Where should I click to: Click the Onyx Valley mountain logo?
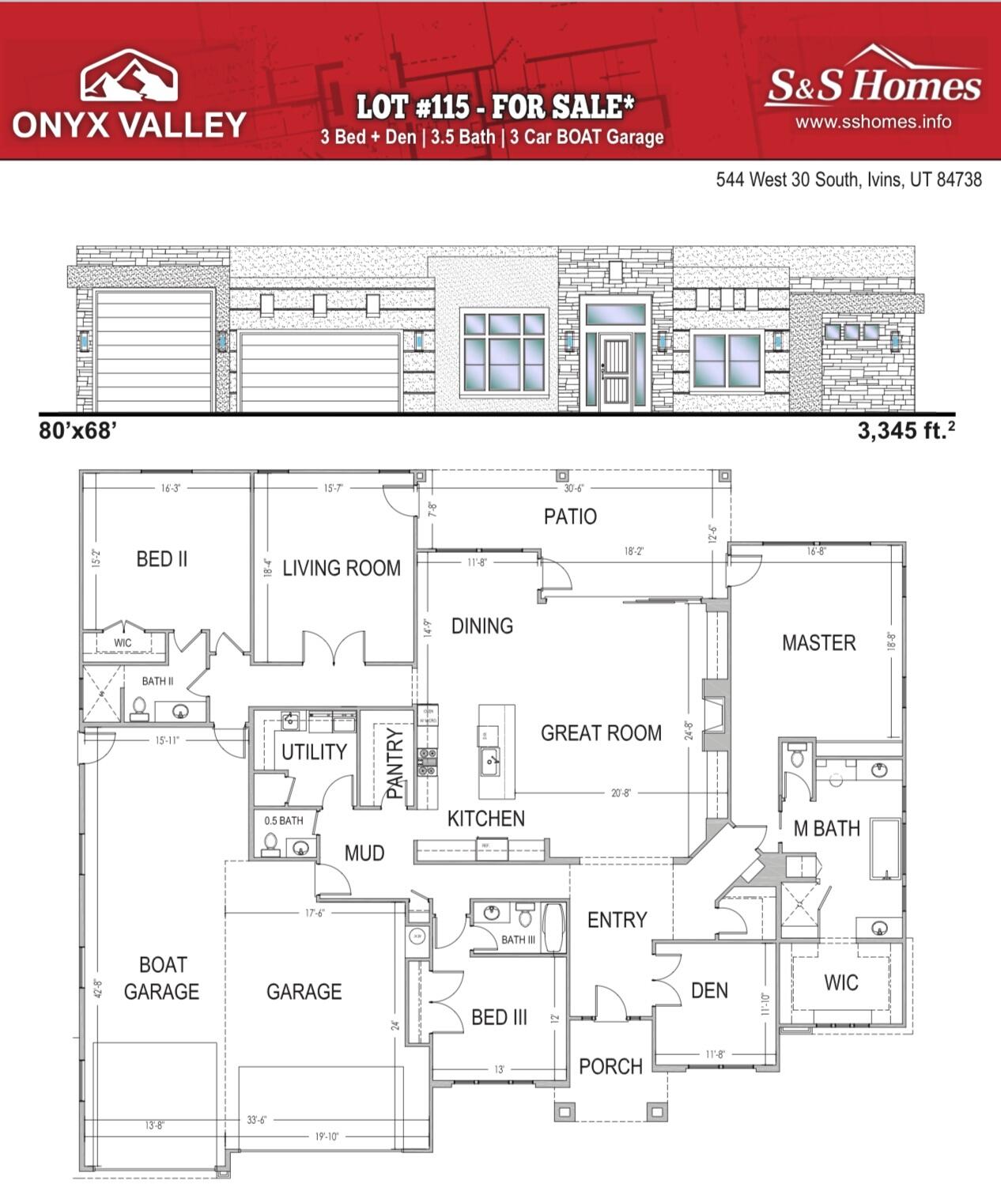point(129,76)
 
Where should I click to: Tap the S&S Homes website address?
point(873,122)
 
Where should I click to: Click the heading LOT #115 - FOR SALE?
point(495,106)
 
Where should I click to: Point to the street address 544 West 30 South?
point(848,180)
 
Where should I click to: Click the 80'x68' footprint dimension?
point(77,431)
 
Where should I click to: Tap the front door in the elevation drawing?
point(615,372)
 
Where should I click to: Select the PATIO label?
point(570,516)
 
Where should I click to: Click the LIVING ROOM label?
point(341,568)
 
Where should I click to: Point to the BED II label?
point(161,559)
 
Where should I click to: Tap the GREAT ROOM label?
point(601,733)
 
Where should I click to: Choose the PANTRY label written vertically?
point(395,763)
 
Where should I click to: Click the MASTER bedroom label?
point(818,643)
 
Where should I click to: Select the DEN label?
point(709,990)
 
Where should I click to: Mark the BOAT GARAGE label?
point(161,978)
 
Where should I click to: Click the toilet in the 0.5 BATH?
point(270,844)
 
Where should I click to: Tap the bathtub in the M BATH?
point(886,849)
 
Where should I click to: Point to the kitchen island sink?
point(490,762)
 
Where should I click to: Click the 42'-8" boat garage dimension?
point(96,989)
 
